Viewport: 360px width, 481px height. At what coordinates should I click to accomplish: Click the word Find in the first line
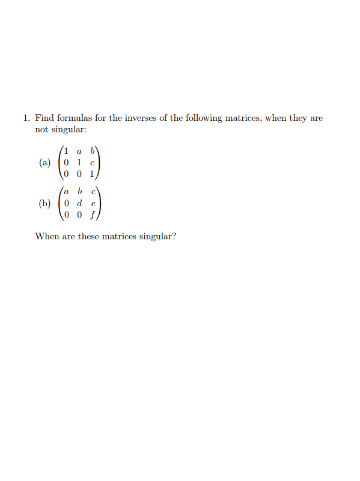pyautogui.click(x=44, y=118)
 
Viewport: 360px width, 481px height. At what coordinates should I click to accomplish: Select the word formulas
pyautogui.click(x=73, y=118)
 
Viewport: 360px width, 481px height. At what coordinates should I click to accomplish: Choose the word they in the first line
pyautogui.click(x=298, y=118)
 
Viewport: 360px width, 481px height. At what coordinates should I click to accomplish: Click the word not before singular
pyautogui.click(x=41, y=130)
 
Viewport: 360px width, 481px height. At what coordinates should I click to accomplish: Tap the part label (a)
pyautogui.click(x=44, y=162)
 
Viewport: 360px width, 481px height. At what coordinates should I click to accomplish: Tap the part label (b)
pyautogui.click(x=44, y=203)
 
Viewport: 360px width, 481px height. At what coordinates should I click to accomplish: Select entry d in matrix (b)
pyautogui.click(x=80, y=203)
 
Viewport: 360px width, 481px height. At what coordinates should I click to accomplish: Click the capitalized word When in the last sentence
pyautogui.click(x=46, y=236)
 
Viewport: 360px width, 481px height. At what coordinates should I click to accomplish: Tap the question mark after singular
pyautogui.click(x=174, y=236)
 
